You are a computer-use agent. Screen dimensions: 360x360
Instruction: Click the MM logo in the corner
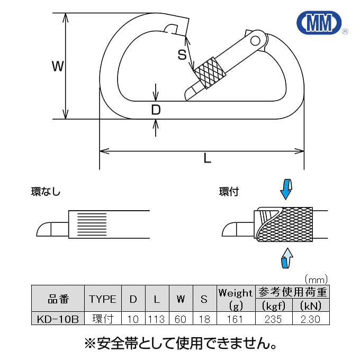(319, 24)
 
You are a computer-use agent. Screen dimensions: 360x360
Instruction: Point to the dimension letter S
(182, 54)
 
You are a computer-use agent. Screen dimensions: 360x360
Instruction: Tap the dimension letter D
(156, 110)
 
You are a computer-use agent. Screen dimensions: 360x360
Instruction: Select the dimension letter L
(208, 157)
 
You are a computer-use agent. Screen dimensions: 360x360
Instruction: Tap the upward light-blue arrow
(285, 260)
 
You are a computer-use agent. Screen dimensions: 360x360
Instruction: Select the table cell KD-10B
(58, 319)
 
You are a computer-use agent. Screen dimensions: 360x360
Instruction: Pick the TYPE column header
(103, 299)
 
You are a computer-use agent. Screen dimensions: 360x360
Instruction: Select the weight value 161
(235, 319)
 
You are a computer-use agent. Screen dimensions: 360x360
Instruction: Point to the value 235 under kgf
(273, 319)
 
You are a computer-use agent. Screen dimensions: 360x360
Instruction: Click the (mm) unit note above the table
(316, 279)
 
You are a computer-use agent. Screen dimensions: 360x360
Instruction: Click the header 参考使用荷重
(292, 292)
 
